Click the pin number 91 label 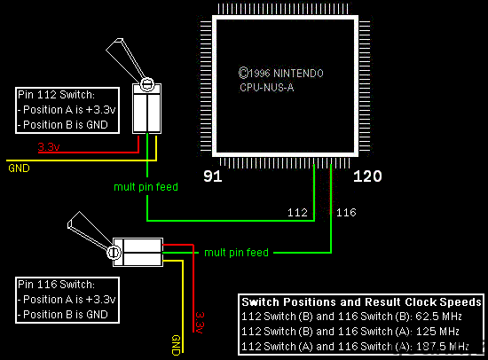pos(213,176)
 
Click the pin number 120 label pos(367,176)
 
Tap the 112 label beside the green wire pos(297,213)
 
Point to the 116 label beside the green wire pos(346,213)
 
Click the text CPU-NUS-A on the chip pos(267,88)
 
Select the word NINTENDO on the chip pos(298,73)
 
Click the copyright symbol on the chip pos(243,73)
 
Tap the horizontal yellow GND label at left pos(19,168)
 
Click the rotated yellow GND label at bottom pos(176,345)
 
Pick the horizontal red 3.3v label pos(49,146)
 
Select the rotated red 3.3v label pos(200,323)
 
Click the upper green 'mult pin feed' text pos(146,187)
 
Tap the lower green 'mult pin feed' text pos(236,253)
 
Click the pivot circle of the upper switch pos(147,84)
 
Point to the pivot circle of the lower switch pos(114,252)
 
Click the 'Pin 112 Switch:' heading pos(56,95)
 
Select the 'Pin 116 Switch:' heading pos(56,285)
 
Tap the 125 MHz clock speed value pos(437,332)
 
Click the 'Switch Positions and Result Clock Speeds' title pos(362,302)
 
